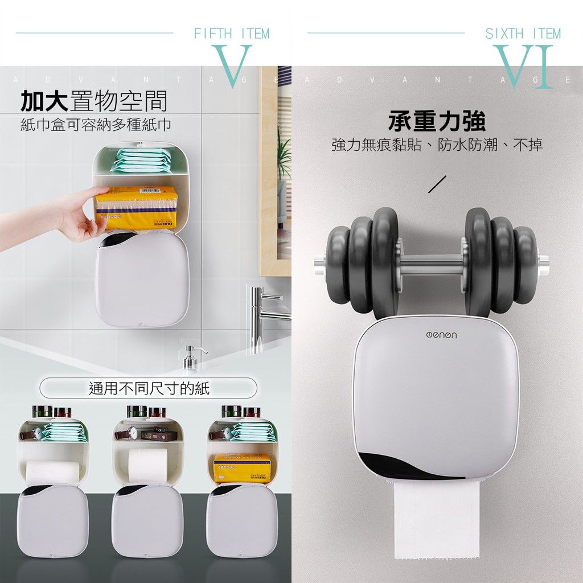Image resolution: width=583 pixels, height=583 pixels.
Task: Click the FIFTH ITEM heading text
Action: (x=232, y=34)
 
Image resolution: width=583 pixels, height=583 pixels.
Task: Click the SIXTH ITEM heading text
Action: (x=523, y=34)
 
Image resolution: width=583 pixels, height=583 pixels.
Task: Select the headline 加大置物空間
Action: (x=94, y=101)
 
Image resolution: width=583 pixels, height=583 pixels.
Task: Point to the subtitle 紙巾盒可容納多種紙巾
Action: (x=96, y=125)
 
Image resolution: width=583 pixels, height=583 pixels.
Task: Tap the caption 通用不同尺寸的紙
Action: (x=149, y=388)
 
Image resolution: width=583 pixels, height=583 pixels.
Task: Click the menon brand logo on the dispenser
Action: (x=441, y=335)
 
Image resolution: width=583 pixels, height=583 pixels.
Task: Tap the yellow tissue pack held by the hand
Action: (x=136, y=207)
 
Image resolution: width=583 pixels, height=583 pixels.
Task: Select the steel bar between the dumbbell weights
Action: (x=432, y=264)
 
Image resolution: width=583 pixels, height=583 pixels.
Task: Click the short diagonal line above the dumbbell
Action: (x=437, y=184)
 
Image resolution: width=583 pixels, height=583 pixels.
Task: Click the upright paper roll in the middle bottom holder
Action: (x=147, y=466)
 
